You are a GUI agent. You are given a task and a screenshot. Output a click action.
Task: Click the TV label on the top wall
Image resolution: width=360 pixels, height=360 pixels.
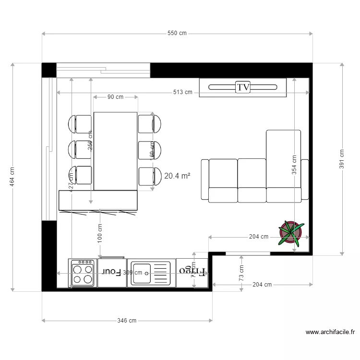[x=243, y=87]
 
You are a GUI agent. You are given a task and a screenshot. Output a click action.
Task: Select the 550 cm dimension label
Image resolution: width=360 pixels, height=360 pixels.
[x=177, y=34]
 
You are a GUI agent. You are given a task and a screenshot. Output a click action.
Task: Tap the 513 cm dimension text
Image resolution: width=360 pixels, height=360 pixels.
[x=183, y=92]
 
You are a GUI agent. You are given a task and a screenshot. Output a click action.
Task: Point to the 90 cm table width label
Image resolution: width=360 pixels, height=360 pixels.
[x=115, y=97]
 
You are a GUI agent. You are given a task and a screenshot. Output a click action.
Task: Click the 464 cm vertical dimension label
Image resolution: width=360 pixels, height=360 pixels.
[x=12, y=177]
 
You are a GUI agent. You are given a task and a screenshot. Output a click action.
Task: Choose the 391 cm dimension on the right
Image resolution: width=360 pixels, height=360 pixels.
[x=342, y=159]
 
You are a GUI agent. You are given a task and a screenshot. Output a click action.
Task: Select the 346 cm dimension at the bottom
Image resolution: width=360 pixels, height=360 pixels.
[x=127, y=321]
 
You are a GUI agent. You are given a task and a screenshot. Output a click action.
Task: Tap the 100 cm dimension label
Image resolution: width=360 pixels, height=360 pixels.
[x=100, y=234]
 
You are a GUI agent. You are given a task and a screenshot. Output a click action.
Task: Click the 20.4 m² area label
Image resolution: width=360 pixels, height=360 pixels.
[x=177, y=176]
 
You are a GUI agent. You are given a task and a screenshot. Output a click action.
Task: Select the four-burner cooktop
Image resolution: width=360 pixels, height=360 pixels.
[x=83, y=273]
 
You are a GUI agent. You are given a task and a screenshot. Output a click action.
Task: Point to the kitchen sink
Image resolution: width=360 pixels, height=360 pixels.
[x=151, y=273]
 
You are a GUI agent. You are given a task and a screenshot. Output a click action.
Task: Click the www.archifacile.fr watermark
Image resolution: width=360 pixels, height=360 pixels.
[x=330, y=332]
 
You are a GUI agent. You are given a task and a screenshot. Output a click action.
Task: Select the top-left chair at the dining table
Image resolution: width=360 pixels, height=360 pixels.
[x=83, y=124]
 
